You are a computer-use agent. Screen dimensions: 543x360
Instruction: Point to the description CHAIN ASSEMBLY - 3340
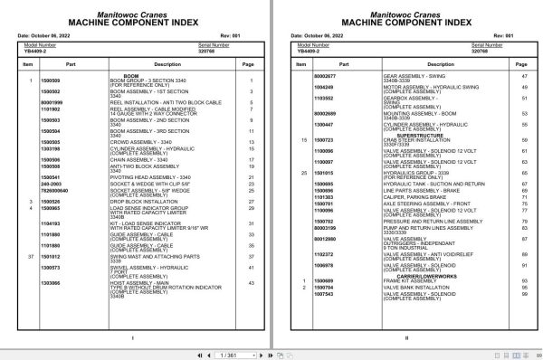[139, 159]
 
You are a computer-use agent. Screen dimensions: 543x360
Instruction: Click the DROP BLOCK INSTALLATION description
[145, 201]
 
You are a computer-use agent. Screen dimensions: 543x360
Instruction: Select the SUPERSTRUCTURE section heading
[405, 135]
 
